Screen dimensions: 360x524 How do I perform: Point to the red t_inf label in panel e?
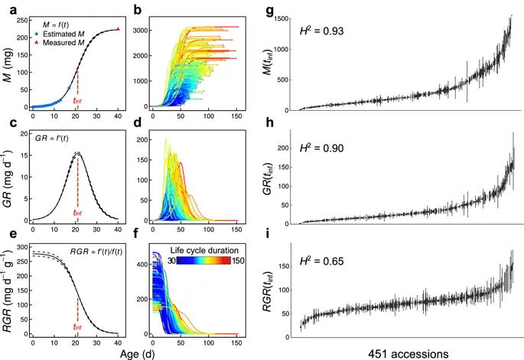(x=77, y=331)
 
